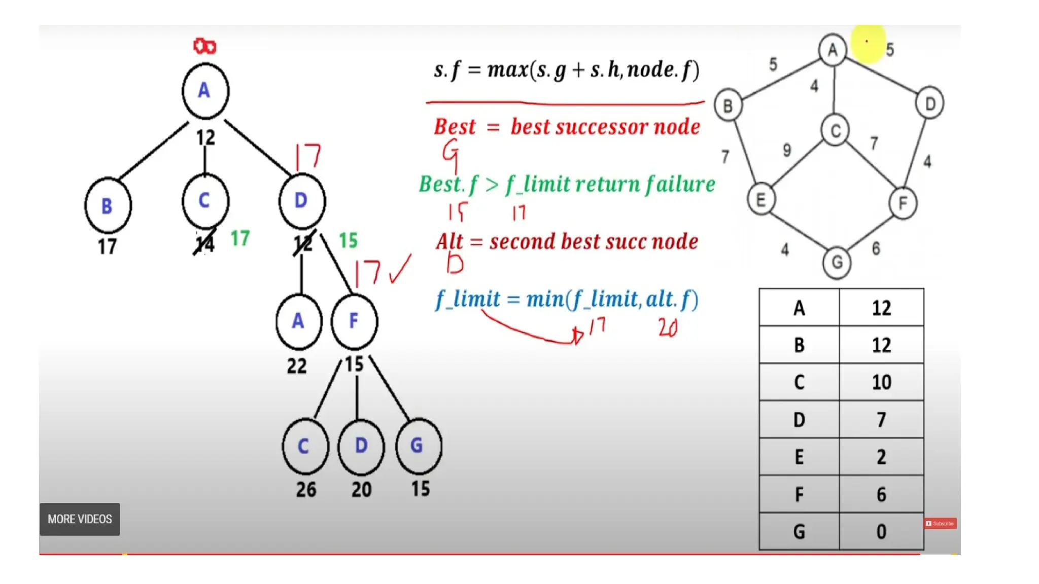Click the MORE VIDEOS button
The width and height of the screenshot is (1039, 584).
(80, 519)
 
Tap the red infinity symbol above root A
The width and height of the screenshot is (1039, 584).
(205, 47)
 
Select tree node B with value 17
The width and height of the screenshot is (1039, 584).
(108, 206)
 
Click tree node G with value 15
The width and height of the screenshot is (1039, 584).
(418, 446)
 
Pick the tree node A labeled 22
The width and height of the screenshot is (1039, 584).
(298, 321)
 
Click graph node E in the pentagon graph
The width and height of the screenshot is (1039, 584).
(761, 200)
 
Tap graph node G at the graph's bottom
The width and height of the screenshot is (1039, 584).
(837, 263)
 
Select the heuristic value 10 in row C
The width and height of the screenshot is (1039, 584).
(881, 382)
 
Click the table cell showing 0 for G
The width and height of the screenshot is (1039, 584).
(881, 532)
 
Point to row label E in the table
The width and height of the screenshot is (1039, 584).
(799, 457)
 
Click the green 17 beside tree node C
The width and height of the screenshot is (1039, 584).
(240, 238)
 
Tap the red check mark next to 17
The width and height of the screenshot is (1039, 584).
(400, 269)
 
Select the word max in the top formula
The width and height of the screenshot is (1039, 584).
(507, 69)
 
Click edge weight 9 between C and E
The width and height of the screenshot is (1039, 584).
(786, 150)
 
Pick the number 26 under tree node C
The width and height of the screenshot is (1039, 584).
(306, 490)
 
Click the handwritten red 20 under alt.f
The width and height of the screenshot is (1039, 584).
(668, 328)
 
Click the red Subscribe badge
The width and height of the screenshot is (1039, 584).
(940, 523)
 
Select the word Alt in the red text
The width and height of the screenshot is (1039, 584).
(449, 242)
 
